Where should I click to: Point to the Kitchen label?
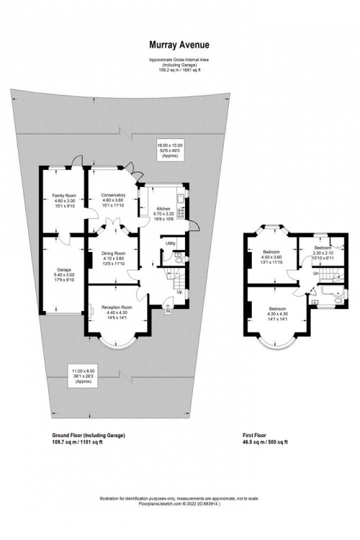[164, 209]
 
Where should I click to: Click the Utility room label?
[171, 244]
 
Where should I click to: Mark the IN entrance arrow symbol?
[167, 311]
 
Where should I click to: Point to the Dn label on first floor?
[315, 274]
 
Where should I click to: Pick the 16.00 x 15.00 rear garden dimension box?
[171, 150]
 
